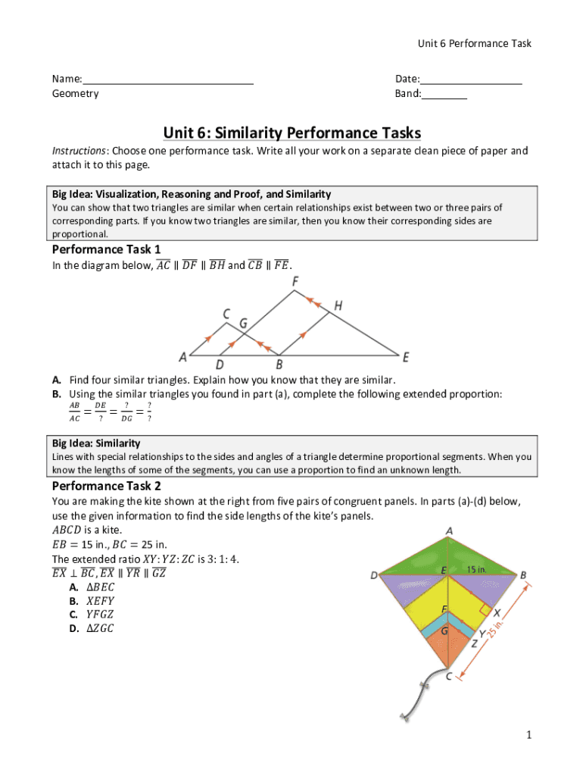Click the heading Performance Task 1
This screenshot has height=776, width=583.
[x=106, y=249]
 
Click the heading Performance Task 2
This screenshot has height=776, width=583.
[x=106, y=486]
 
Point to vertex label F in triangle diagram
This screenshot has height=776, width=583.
[x=295, y=281]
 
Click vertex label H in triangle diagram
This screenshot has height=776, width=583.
[x=338, y=305]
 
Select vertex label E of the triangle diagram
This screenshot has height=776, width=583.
[x=406, y=357]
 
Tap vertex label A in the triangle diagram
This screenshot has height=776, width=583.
[x=182, y=357]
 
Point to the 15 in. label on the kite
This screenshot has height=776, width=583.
[x=475, y=569]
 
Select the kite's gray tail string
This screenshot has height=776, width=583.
[x=415, y=694]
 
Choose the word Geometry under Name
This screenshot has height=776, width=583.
[x=75, y=94]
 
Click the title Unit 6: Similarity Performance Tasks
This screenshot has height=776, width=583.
[x=291, y=133]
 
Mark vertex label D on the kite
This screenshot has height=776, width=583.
[x=374, y=576]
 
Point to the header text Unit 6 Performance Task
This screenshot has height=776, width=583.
[x=474, y=43]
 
